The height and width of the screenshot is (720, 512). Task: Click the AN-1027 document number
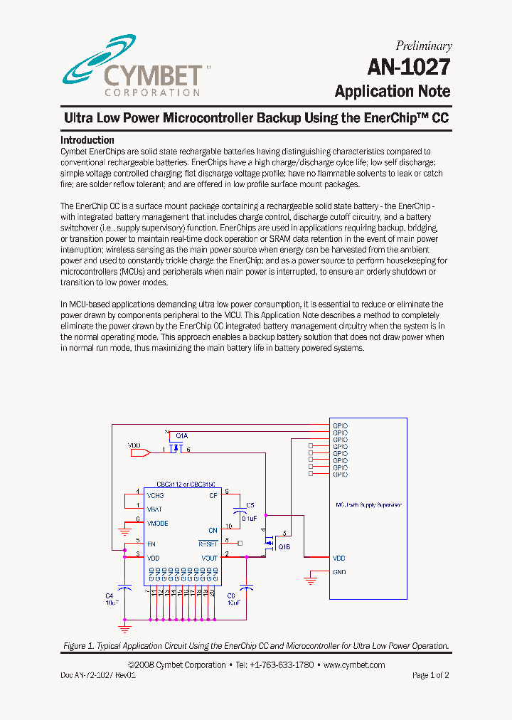(408, 68)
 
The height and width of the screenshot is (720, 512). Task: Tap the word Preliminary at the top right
(423, 46)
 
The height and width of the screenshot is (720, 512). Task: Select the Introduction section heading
(87, 140)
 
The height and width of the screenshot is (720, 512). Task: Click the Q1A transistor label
(182, 435)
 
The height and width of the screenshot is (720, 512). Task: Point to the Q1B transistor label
(284, 546)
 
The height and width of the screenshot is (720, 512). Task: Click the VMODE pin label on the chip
(157, 523)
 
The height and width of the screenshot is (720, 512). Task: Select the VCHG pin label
(155, 495)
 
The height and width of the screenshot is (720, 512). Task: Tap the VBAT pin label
(154, 509)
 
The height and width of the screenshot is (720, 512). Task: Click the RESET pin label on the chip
(209, 544)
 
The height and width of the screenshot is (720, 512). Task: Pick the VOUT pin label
(209, 558)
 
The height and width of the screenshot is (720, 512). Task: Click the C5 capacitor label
(250, 506)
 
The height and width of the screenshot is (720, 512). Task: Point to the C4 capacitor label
(110, 595)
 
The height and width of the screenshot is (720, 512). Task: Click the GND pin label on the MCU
(339, 572)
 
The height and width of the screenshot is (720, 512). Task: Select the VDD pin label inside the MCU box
(339, 558)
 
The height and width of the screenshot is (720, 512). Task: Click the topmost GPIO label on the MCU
(340, 425)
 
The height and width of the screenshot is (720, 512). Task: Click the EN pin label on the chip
(151, 544)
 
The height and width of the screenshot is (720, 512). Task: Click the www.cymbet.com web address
(353, 665)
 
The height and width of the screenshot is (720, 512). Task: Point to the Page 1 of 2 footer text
(430, 675)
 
